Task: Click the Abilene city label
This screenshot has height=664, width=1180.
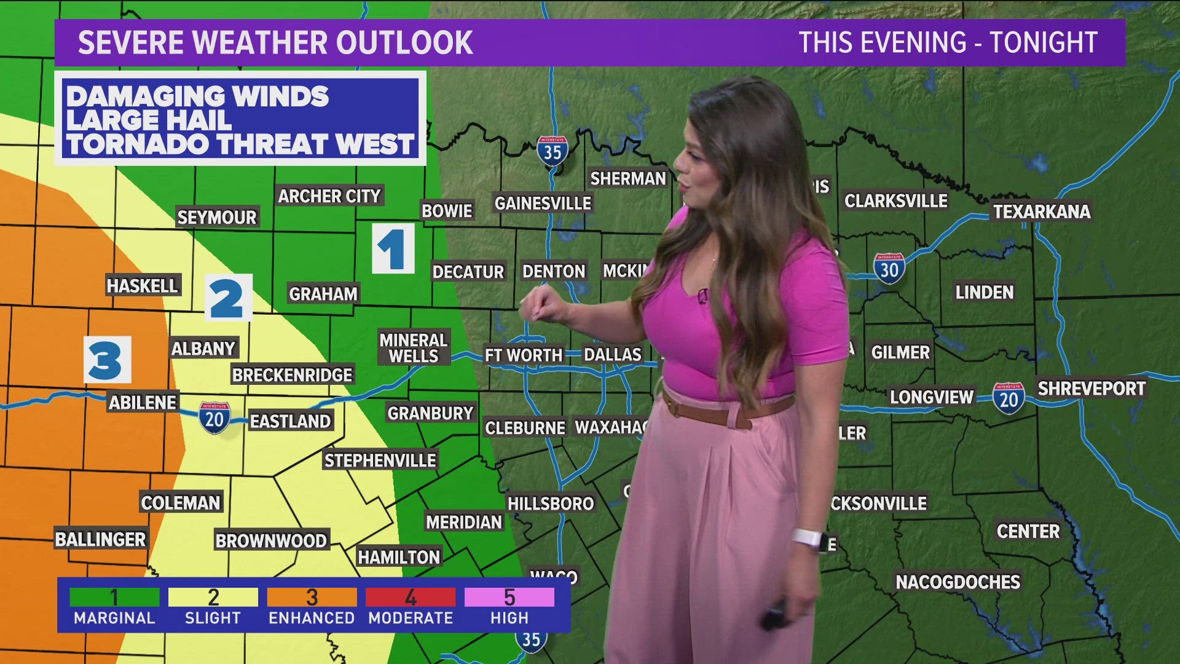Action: tap(143, 403)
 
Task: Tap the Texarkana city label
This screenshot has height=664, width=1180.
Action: tap(1042, 211)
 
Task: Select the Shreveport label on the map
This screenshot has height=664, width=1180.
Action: tap(1091, 389)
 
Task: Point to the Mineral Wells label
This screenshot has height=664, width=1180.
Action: tap(413, 348)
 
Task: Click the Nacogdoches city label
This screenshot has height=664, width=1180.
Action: tap(958, 582)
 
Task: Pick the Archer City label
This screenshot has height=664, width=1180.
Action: tap(329, 196)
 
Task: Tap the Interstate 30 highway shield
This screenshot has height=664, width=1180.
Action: tap(889, 269)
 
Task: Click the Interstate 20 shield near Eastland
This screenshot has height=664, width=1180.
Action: tap(214, 418)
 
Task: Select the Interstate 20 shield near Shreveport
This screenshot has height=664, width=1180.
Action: tap(1009, 398)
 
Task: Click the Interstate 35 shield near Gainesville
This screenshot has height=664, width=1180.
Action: tap(552, 151)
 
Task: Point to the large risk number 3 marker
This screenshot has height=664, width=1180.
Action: tap(107, 360)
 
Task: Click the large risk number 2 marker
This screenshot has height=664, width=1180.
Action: tap(228, 298)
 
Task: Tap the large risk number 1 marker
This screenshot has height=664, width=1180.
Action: tap(393, 248)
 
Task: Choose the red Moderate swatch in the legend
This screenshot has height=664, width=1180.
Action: tap(411, 597)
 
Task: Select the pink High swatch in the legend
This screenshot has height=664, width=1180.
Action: tap(509, 597)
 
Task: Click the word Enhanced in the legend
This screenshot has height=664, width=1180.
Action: tap(312, 618)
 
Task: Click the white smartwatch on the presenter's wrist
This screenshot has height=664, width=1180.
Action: tap(808, 539)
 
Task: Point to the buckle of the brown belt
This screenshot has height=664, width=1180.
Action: tap(737, 417)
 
